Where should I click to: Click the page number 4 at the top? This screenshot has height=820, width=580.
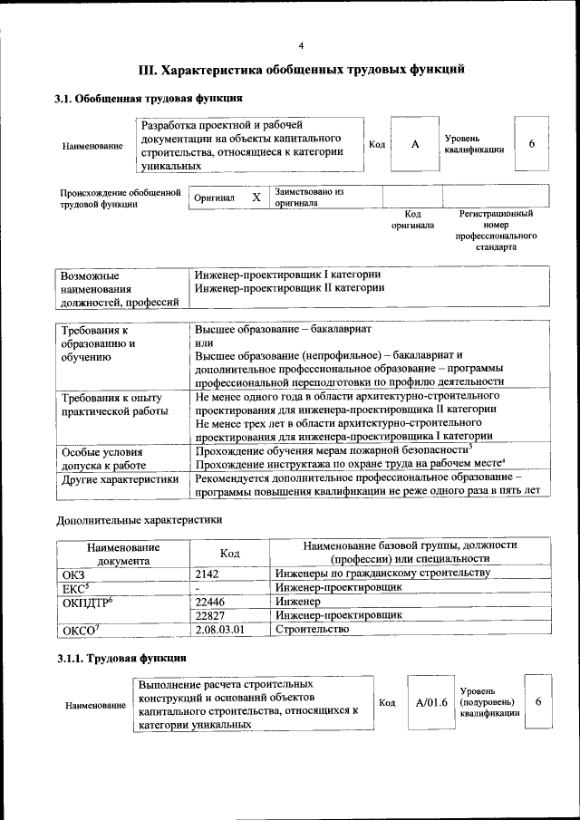(x=301, y=46)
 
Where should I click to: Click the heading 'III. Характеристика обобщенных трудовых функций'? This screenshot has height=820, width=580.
(x=302, y=69)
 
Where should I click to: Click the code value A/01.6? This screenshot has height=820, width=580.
(x=431, y=702)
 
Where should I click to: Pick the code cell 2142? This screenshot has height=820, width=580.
(x=208, y=574)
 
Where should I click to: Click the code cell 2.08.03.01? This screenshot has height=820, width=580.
(x=220, y=629)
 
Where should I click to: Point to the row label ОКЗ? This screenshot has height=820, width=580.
(x=72, y=574)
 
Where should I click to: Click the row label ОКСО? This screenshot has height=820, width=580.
(x=77, y=630)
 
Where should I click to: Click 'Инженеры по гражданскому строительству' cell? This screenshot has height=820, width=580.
(x=382, y=574)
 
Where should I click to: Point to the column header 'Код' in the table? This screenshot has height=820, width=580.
(x=229, y=553)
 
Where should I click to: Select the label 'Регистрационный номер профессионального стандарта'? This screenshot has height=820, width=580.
(x=496, y=230)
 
